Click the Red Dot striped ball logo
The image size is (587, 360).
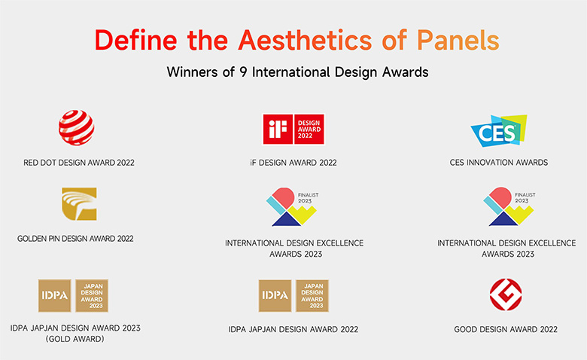pos(76,128)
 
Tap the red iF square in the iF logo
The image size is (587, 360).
pos(278,130)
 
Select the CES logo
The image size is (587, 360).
pos(499,131)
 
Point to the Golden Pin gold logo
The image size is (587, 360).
pos(79,204)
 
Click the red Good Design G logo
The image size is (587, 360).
pos(506,294)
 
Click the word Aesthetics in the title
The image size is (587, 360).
pos(305,40)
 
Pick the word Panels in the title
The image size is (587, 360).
pos(458,40)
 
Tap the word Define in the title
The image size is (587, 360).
pos(136,40)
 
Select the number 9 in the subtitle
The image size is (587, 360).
pos(243,72)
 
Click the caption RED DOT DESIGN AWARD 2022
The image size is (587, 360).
pos(78,163)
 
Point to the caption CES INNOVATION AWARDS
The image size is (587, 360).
pos(499,163)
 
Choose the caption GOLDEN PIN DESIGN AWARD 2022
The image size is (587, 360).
pos(75,239)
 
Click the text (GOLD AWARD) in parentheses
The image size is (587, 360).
pos(75,339)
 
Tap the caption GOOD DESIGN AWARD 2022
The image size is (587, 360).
pos(506,329)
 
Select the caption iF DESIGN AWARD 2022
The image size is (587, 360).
pos(293,163)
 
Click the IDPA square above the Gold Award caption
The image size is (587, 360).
pos(55,295)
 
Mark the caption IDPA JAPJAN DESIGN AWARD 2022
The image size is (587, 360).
pos(293,329)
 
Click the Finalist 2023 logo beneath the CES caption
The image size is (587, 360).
pos(509,207)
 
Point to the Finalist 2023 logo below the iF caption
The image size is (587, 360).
pos(292,207)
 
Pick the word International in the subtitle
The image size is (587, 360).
pos(291,72)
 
